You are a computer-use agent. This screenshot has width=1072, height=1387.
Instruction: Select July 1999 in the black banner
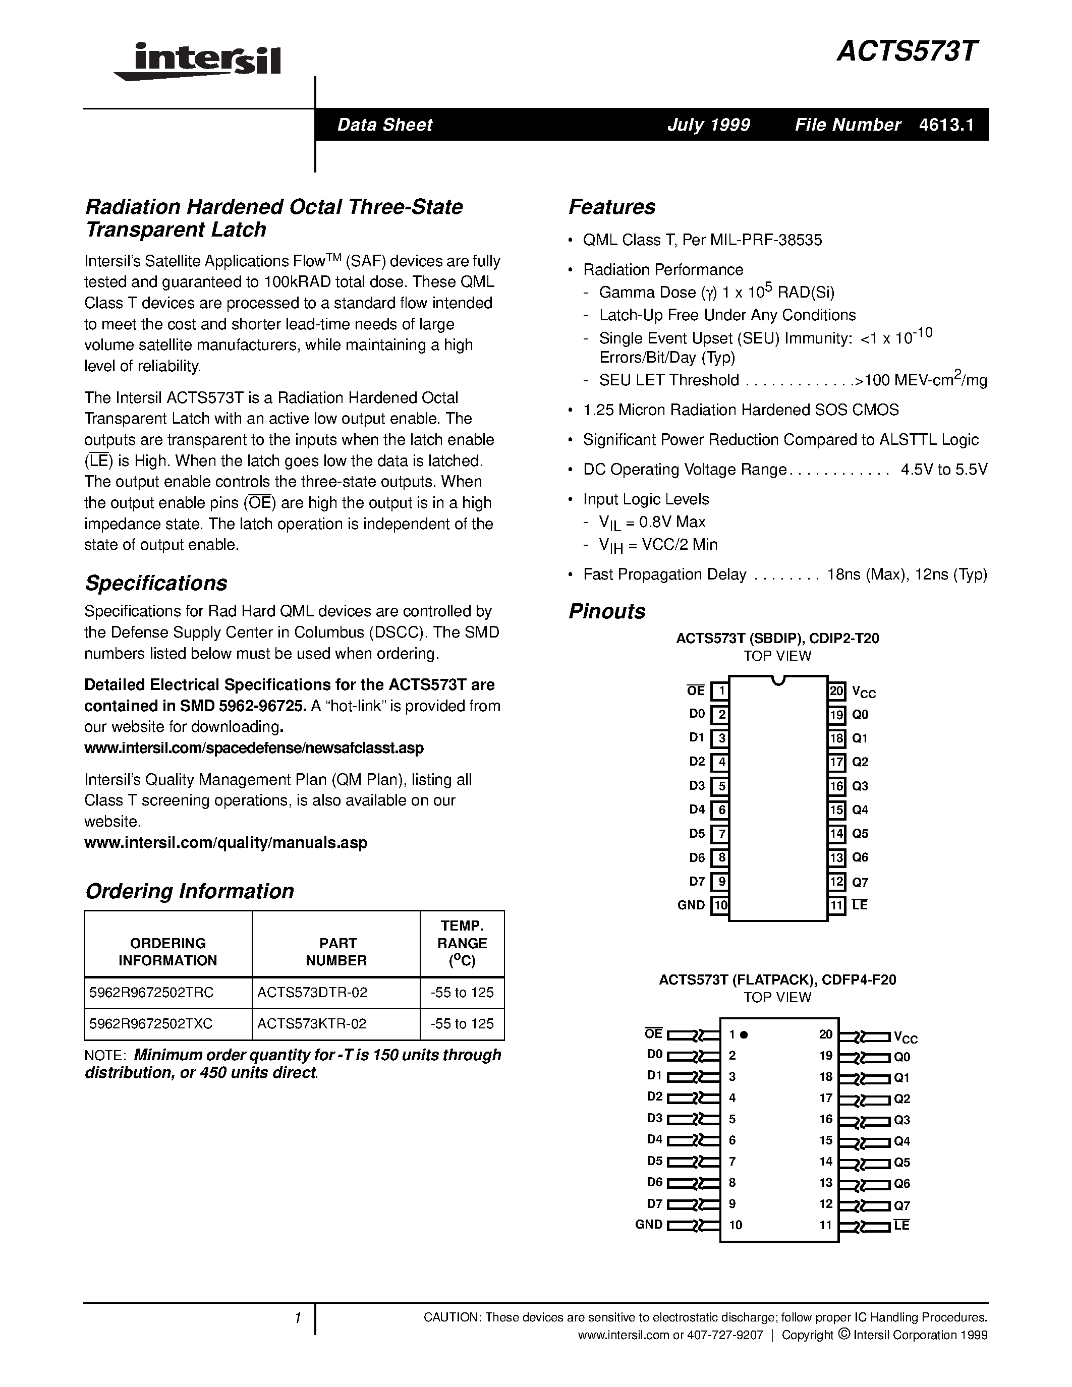tap(708, 125)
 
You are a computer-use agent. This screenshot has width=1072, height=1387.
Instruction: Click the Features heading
tap(611, 207)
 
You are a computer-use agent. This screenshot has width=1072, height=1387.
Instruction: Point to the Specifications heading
tap(156, 583)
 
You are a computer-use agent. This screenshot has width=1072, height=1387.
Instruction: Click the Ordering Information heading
tap(189, 891)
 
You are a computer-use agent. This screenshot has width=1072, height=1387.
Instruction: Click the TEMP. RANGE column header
tap(462, 943)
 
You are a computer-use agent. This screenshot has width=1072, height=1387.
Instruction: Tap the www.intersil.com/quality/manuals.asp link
tap(225, 843)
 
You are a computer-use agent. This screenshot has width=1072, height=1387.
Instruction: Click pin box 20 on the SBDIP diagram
tap(836, 690)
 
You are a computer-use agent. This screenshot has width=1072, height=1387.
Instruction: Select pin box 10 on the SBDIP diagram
tap(719, 905)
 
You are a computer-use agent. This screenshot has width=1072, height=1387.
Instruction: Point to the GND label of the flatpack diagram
tap(648, 1225)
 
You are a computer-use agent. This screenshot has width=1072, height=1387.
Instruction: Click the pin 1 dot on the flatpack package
tap(744, 1034)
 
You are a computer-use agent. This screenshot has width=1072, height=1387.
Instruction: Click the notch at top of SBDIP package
tap(778, 681)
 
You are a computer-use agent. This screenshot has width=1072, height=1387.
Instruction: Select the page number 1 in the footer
tap(297, 1318)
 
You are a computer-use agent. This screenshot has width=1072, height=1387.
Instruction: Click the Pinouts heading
tap(606, 611)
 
